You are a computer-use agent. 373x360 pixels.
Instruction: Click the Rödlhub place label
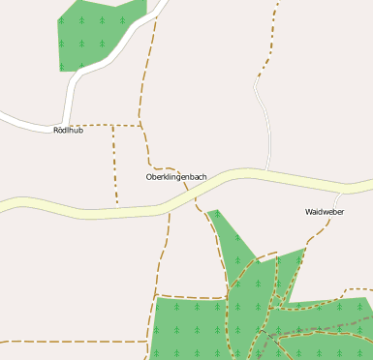click(x=69, y=130)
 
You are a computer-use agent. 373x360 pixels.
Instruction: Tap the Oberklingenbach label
click(x=175, y=177)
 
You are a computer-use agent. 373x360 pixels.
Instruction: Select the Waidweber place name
click(x=325, y=211)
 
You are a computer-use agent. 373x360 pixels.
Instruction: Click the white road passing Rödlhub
click(x=29, y=121)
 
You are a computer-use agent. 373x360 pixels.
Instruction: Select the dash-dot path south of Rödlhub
click(x=115, y=165)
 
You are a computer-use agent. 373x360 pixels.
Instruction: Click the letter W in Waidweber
click(x=309, y=211)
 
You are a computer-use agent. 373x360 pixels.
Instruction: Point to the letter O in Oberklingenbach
click(x=149, y=177)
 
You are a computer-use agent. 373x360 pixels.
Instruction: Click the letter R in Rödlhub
click(x=57, y=130)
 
